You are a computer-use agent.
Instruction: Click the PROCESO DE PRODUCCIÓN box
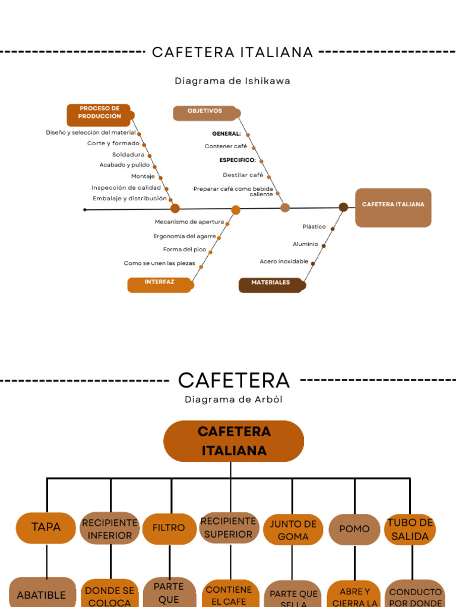tap(99, 114)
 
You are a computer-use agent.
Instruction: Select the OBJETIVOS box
tap(205, 113)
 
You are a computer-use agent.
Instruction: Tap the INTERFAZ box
tap(160, 285)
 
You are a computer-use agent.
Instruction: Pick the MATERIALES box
tap(271, 285)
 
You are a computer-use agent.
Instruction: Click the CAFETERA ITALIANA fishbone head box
tap(393, 207)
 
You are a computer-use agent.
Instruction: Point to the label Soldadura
tap(128, 155)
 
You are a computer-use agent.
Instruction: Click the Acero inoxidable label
tap(284, 261)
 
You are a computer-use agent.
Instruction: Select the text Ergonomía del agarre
tap(185, 236)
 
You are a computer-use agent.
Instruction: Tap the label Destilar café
tap(243, 175)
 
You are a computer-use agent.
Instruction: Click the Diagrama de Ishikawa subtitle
tap(232, 81)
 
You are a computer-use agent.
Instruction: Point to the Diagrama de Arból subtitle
tap(233, 400)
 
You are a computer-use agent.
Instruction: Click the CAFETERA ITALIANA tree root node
tap(233, 441)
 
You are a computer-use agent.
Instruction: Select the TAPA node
tap(46, 528)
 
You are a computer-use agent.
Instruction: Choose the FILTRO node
tap(169, 528)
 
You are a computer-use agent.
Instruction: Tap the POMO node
tap(354, 529)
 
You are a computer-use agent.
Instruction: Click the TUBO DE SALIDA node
tap(410, 529)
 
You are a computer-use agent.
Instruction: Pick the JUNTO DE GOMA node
tap(293, 530)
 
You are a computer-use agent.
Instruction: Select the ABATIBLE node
tap(42, 594)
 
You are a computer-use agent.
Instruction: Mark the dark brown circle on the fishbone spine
tap(343, 207)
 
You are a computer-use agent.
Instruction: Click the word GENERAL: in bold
tap(226, 134)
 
